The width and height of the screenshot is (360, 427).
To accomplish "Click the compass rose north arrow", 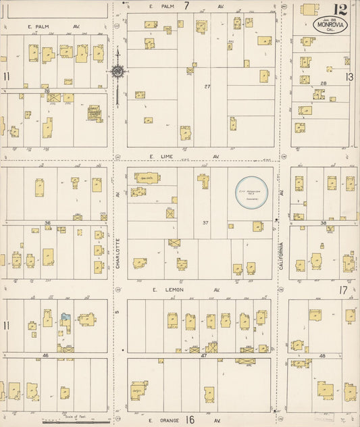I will click(118, 71).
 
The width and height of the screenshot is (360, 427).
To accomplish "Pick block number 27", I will click(207, 86).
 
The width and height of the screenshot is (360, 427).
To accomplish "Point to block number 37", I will click(206, 222).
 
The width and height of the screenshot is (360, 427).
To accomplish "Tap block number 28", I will click(324, 83).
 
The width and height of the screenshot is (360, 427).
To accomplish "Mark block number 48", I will click(322, 355).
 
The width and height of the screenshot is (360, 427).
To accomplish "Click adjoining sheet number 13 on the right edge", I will click(349, 77).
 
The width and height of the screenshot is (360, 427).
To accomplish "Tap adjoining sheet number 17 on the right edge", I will click(343, 290).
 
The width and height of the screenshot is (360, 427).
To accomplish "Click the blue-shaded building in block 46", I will click(64, 317).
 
